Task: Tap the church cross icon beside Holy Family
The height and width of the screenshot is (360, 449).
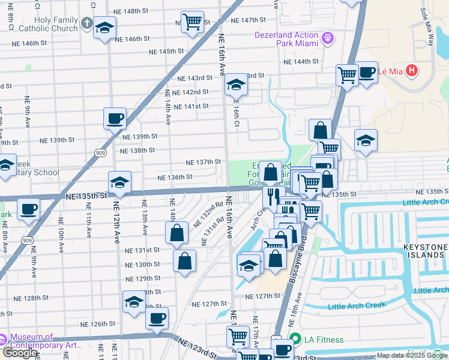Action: pyautogui.click(x=86, y=24)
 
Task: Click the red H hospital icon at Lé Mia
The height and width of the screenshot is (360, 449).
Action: pyautogui.click(x=411, y=71)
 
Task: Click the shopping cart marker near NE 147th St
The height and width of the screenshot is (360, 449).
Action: pyautogui.click(x=192, y=22)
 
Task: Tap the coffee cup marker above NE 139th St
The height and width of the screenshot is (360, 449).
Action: pyautogui.click(x=115, y=118)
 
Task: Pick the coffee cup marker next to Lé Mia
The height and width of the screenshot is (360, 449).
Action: pyautogui.click(x=366, y=72)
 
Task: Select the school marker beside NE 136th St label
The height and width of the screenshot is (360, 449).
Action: pyautogui.click(x=119, y=182)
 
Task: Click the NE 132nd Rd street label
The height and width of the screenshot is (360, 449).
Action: pyautogui.click(x=208, y=214)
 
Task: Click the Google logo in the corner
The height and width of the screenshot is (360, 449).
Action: pyautogui.click(x=19, y=353)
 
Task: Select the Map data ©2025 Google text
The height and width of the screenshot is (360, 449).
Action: pyautogui.click(x=411, y=355)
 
